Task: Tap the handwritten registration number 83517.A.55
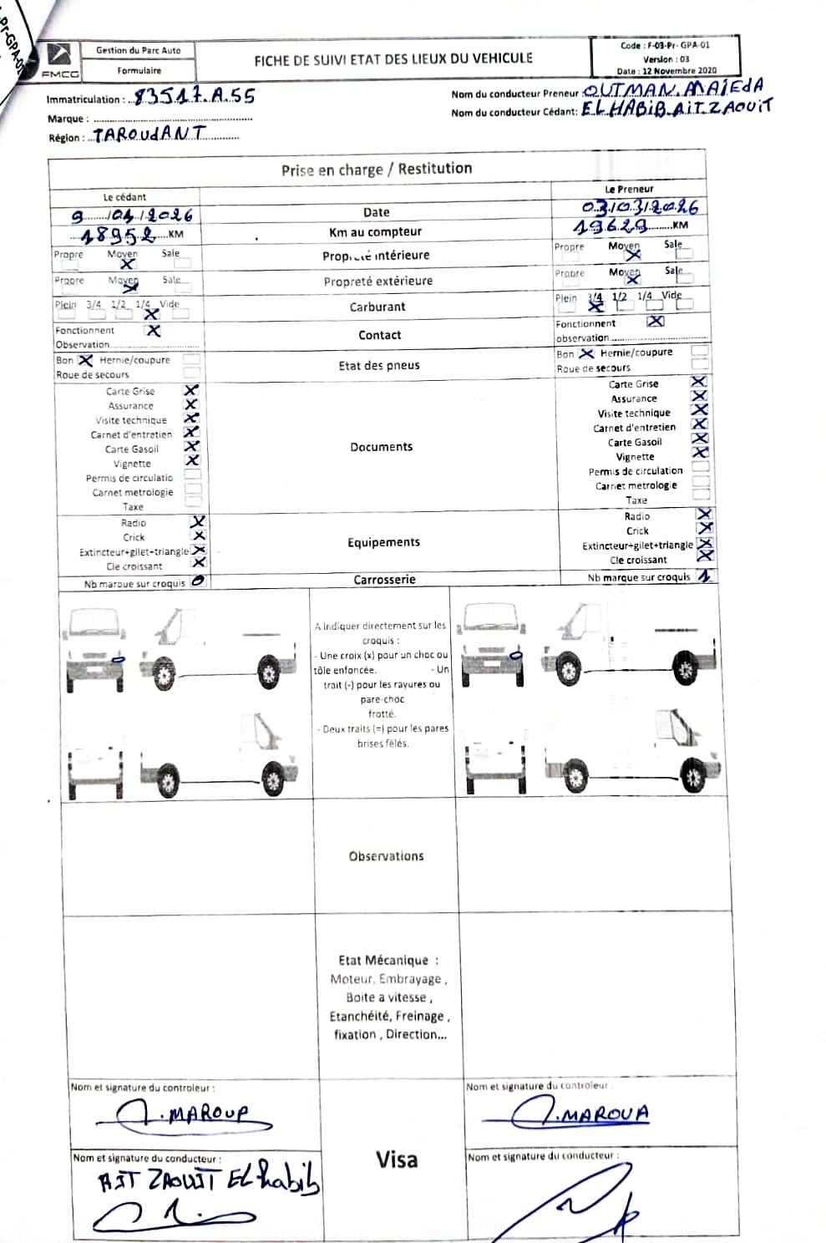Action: (194, 97)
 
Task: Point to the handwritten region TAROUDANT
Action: (149, 134)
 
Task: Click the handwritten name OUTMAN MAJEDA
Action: (672, 89)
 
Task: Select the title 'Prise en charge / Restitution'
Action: (377, 169)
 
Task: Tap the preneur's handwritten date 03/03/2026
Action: (640, 206)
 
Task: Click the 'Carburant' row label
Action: (378, 307)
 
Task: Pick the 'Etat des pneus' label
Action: (379, 365)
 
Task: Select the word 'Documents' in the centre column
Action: (381, 447)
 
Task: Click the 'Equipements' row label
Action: (383, 542)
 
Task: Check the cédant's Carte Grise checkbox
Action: (192, 390)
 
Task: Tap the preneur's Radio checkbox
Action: (704, 515)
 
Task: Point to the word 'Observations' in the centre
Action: (386, 856)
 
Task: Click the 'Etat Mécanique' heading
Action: (388, 961)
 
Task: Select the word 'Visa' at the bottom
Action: (396, 1159)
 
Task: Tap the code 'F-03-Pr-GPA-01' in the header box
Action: (665, 46)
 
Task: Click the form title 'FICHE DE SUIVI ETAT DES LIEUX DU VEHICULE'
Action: (393, 58)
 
